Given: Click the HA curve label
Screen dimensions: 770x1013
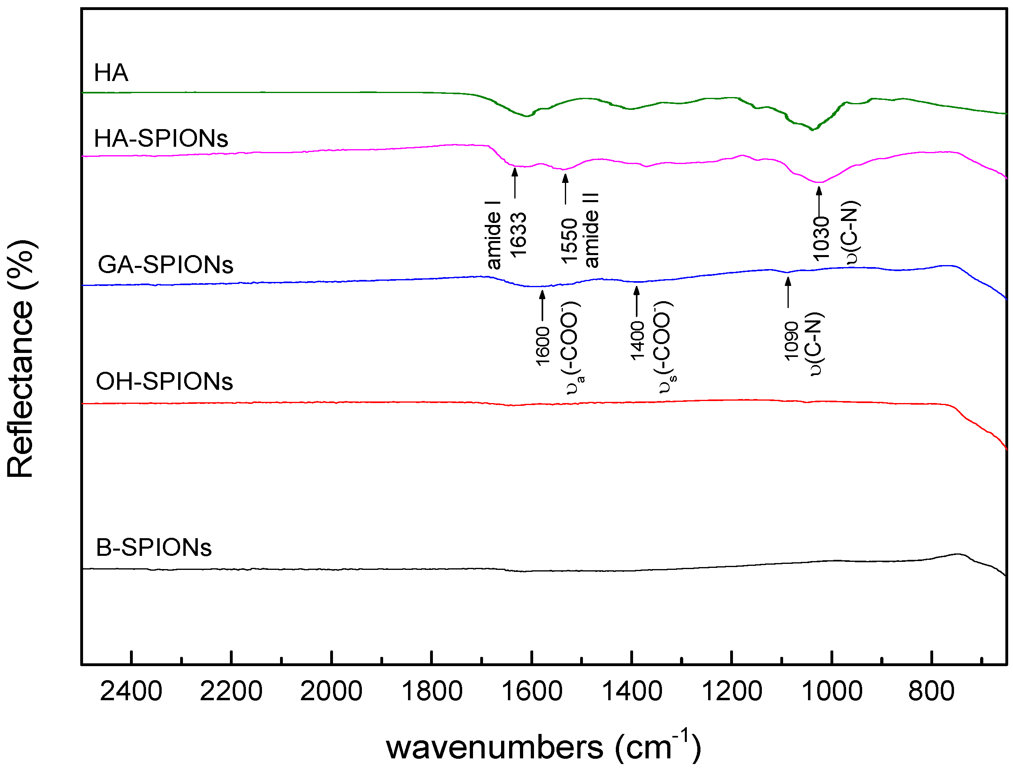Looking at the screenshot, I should tap(111, 73).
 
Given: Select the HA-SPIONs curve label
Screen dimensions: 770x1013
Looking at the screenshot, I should tap(161, 138).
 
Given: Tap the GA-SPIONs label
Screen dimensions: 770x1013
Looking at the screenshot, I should tap(165, 265).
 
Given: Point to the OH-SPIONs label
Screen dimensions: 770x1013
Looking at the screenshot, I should tap(164, 382).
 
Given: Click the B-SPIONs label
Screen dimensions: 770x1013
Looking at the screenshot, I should tap(154, 548).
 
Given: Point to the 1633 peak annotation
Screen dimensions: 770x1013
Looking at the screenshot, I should tap(518, 235).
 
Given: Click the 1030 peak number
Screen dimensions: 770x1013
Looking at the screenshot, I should tap(821, 238).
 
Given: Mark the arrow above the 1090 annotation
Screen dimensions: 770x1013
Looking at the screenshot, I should tap(788, 293).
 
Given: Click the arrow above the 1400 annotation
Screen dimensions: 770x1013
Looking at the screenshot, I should tap(637, 301).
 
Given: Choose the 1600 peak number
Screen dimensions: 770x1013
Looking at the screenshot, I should tap(543, 346).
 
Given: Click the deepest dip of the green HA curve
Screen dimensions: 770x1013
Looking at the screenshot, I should tap(812, 130).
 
